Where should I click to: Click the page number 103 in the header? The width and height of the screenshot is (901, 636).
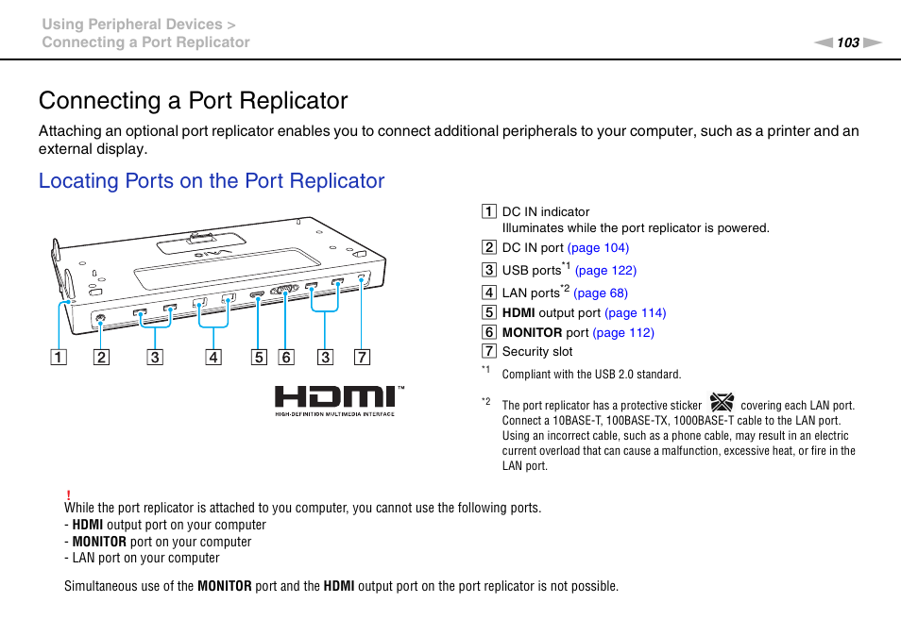click(x=847, y=42)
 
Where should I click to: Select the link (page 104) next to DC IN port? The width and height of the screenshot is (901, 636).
click(x=598, y=248)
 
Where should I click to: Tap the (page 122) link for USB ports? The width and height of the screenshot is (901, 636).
click(x=605, y=270)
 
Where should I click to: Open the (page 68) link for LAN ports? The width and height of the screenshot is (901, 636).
click(x=600, y=293)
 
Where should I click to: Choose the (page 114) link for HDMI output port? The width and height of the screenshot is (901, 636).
click(x=635, y=313)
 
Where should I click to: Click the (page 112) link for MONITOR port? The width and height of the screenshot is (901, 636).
click(x=622, y=332)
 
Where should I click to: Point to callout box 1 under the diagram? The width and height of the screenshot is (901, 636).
click(x=59, y=358)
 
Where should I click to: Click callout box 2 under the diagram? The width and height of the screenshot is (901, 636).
click(x=101, y=358)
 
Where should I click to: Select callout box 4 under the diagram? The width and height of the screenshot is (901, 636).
click(x=213, y=358)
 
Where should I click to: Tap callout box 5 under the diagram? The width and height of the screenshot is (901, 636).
click(x=258, y=358)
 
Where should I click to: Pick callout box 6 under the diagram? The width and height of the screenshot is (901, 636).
click(x=286, y=358)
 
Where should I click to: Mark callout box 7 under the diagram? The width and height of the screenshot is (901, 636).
click(x=363, y=358)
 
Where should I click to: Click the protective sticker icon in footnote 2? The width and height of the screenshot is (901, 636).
click(x=721, y=404)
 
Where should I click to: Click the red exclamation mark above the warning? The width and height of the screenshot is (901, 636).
click(x=69, y=494)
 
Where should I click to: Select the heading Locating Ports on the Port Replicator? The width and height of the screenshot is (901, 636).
click(x=212, y=181)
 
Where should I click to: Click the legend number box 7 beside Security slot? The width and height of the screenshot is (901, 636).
click(x=488, y=352)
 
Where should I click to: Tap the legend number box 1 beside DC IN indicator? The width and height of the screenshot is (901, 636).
click(x=488, y=212)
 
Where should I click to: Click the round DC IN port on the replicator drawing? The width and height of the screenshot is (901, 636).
click(x=101, y=318)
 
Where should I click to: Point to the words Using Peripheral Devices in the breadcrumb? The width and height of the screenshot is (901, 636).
click(x=131, y=25)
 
